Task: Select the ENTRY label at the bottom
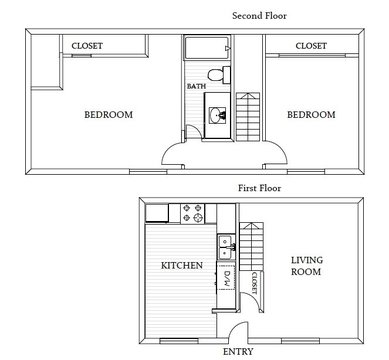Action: click(238, 351)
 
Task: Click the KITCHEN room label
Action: click(182, 266)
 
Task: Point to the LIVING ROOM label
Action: click(306, 265)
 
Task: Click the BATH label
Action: click(196, 86)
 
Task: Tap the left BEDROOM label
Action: click(108, 115)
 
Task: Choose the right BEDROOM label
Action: click(310, 115)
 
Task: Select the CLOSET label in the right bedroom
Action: click(311, 45)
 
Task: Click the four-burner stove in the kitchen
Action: click(194, 212)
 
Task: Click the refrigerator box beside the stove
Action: click(157, 211)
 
